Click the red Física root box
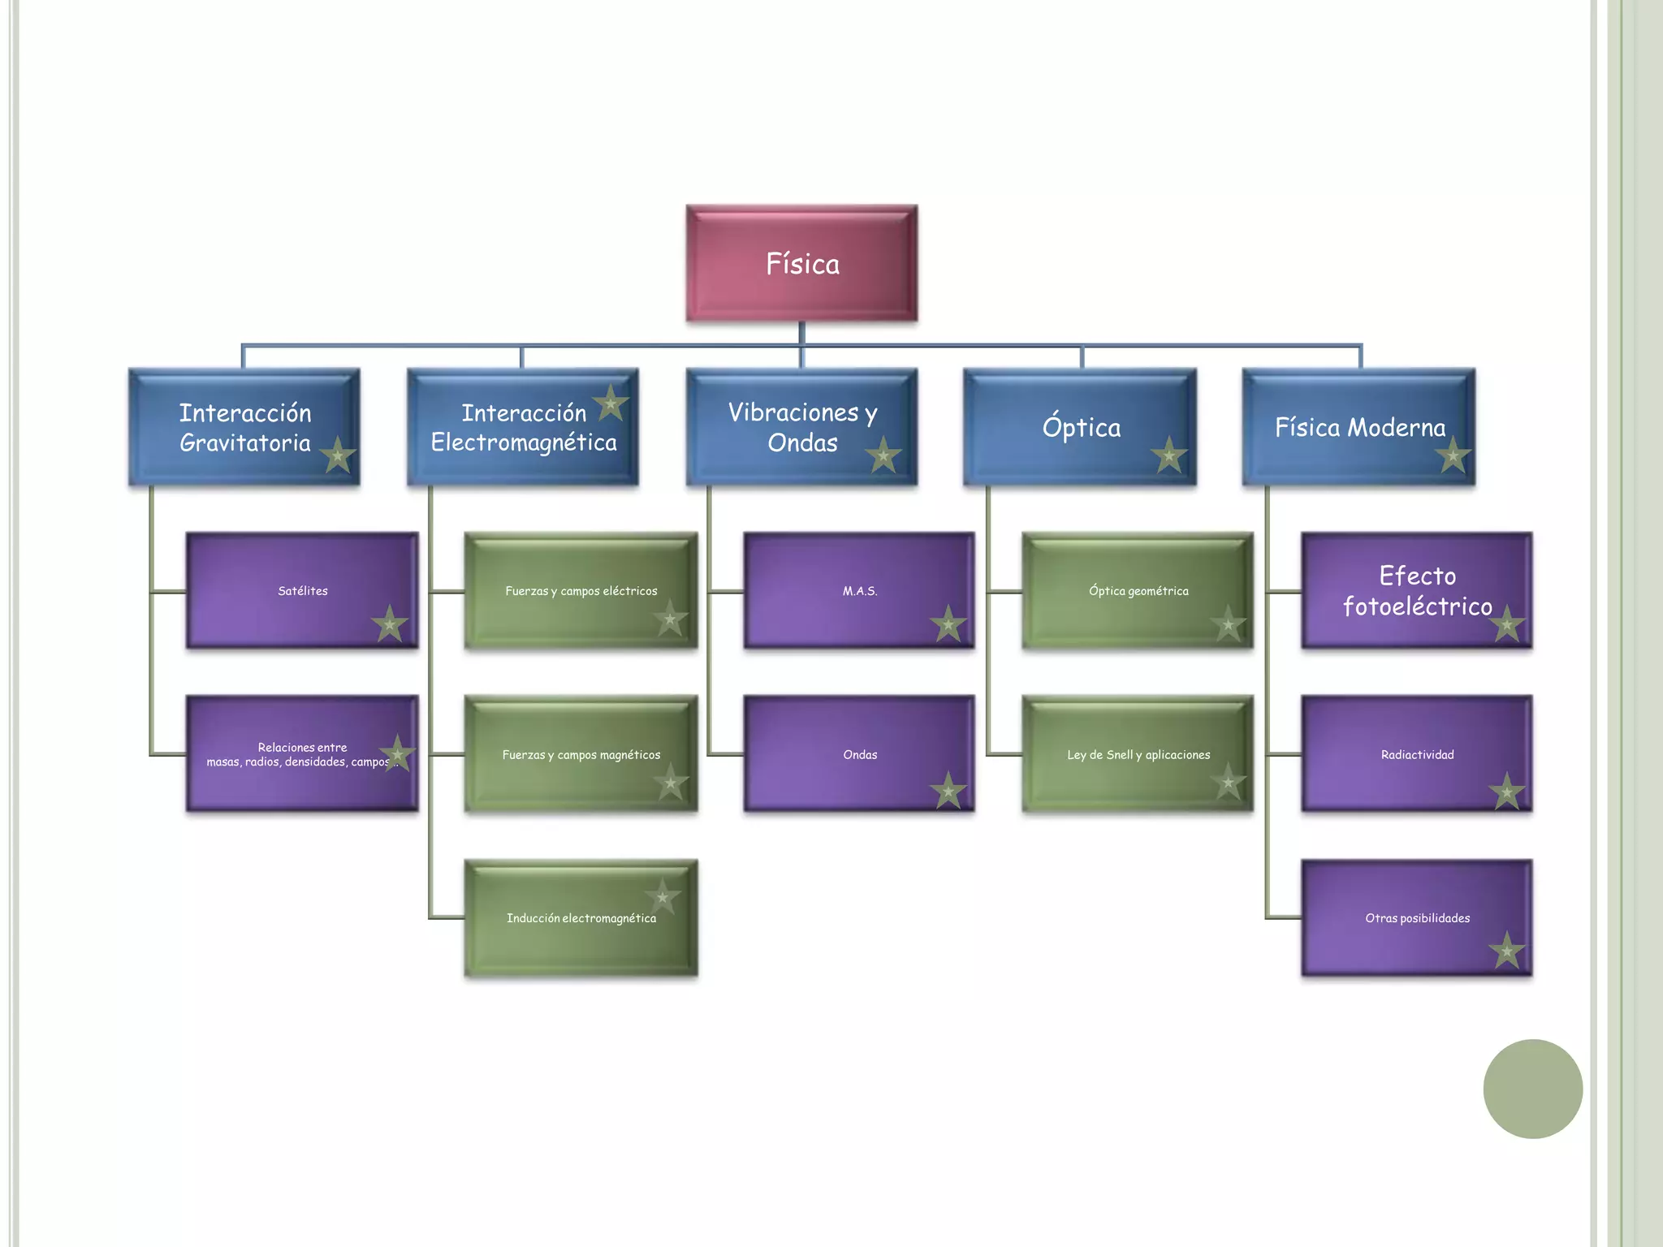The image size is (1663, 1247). pyautogui.click(x=801, y=263)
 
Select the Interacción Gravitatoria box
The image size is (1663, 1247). pyautogui.click(x=244, y=427)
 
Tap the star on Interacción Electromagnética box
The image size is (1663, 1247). pyautogui.click(x=611, y=403)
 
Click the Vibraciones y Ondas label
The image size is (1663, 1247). pyautogui.click(x=801, y=427)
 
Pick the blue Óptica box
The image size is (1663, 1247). pyautogui.click(x=1080, y=427)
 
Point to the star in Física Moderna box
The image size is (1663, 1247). pyautogui.click(x=1453, y=455)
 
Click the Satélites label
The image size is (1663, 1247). pyautogui.click(x=302, y=591)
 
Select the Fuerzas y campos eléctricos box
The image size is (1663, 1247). pyautogui.click(x=581, y=590)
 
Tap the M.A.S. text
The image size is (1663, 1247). pyautogui.click(x=859, y=591)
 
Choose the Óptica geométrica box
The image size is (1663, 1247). pyautogui.click(x=1138, y=590)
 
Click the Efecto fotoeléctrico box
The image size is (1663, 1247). pyautogui.click(x=1416, y=590)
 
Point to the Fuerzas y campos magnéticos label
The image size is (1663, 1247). pyautogui.click(x=581, y=755)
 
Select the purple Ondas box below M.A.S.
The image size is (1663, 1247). pyautogui.click(x=859, y=754)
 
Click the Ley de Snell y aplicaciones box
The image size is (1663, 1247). pyautogui.click(x=1138, y=754)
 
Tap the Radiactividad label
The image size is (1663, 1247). pyautogui.click(x=1417, y=755)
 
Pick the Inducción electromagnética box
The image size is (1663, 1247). pyautogui.click(x=581, y=918)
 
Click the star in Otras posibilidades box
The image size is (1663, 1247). pyautogui.click(x=1506, y=951)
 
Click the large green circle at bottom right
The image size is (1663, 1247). pyautogui.click(x=1532, y=1089)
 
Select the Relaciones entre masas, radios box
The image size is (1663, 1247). pyautogui.click(x=302, y=754)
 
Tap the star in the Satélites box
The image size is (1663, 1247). pyautogui.click(x=390, y=624)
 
